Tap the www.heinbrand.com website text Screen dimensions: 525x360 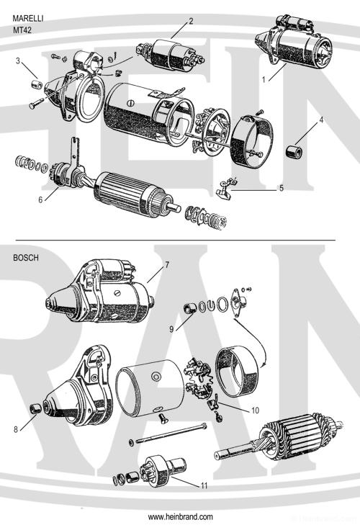(180, 517)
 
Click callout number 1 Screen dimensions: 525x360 (264, 78)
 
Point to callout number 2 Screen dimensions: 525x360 (191, 21)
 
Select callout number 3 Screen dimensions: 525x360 (17, 61)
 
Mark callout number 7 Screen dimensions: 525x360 (166, 265)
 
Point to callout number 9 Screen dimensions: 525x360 (171, 329)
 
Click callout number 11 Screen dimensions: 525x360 (204, 485)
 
